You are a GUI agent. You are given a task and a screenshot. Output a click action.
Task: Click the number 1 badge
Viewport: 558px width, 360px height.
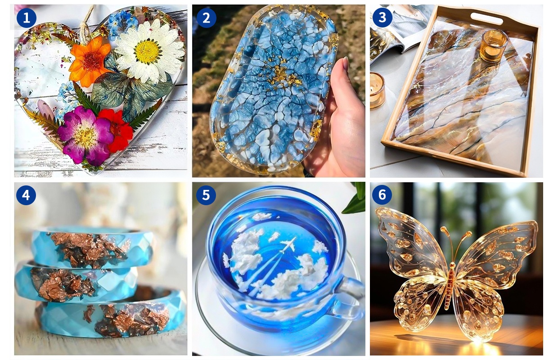[x=27, y=18]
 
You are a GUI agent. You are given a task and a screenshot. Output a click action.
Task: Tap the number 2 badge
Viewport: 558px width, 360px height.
[x=206, y=18]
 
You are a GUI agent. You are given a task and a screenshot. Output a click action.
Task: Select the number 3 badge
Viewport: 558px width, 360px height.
[x=382, y=18]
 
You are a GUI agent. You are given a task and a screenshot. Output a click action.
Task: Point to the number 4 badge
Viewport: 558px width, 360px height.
[x=26, y=195]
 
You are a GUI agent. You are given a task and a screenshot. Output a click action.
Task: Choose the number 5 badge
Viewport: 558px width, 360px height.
[x=206, y=195]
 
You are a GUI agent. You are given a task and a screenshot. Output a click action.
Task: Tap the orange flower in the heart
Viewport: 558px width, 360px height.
[x=90, y=61]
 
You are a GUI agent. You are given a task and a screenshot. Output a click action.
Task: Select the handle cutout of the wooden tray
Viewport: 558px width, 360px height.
[x=486, y=18]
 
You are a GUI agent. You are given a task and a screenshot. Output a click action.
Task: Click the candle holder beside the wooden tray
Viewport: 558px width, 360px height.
[x=377, y=90]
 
